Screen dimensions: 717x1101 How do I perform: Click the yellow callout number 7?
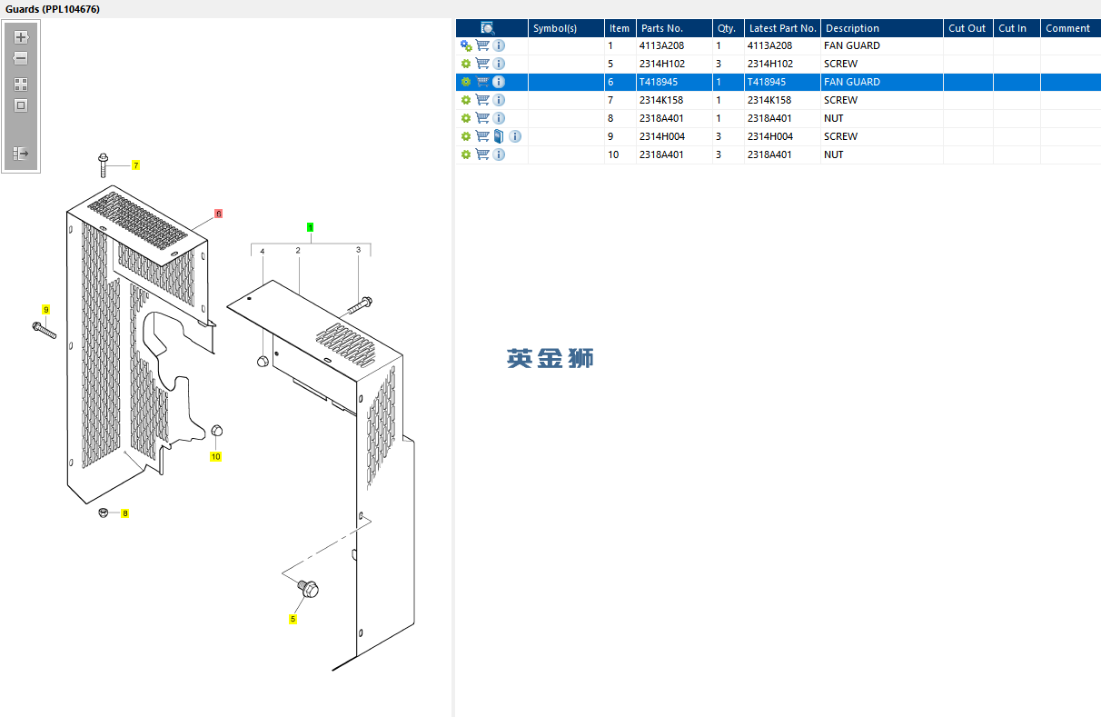135,165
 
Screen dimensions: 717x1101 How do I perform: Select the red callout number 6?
218,214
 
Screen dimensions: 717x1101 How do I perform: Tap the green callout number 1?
310,227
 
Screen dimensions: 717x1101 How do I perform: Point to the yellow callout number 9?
45,310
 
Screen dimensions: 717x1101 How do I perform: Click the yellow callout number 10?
215,456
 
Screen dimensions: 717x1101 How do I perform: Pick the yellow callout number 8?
124,513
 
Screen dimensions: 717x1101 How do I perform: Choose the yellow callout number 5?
293,619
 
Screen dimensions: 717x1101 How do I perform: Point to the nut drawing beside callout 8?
104,513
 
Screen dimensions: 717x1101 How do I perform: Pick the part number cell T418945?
659,82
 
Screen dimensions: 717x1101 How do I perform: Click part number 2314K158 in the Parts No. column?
661,100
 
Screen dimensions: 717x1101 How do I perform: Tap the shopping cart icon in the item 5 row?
482,64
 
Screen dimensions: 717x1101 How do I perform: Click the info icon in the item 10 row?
499,154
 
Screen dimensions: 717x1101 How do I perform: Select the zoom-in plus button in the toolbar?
21,38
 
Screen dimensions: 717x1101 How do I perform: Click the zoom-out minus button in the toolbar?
21,58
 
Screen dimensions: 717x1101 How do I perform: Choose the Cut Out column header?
967,28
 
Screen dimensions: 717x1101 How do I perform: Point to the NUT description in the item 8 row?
833,118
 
